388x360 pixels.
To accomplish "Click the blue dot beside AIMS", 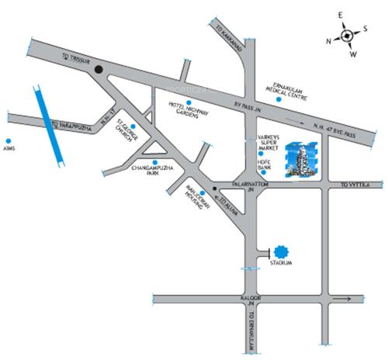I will (10, 142).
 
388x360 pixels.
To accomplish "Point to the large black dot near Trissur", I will (99, 72).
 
